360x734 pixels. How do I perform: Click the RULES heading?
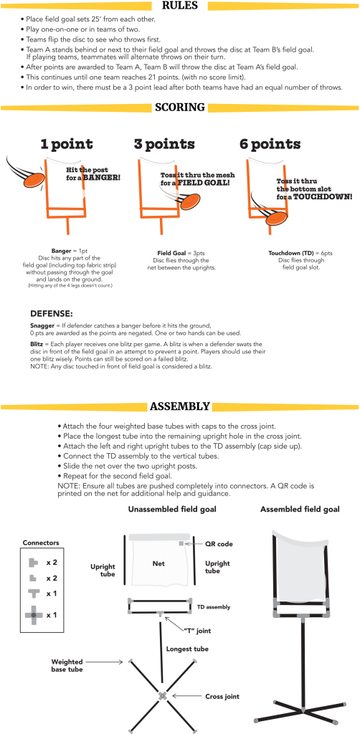click(180, 6)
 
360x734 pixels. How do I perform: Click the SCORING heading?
click(180, 108)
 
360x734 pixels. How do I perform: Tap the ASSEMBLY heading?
click(179, 407)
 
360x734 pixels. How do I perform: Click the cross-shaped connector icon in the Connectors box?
click(34, 614)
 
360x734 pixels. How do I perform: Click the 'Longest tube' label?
click(188, 649)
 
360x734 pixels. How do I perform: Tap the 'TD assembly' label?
click(214, 606)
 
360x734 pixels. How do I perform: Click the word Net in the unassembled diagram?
click(159, 564)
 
